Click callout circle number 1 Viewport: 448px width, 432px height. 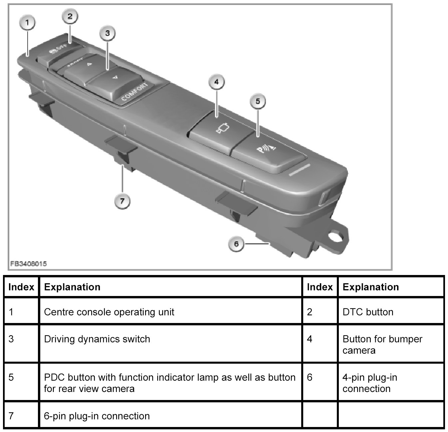pyautogui.click(x=28, y=23)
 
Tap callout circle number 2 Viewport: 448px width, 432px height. pyautogui.click(x=70, y=16)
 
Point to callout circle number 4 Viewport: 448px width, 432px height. pyautogui.click(x=217, y=82)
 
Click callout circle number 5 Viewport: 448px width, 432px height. pyautogui.click(x=258, y=101)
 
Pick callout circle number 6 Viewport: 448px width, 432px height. pyautogui.click(x=236, y=244)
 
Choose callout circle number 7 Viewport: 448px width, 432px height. pyautogui.click(x=122, y=201)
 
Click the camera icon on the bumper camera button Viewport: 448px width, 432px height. pyautogui.click(x=221, y=129)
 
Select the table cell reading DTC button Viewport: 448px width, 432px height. pyautogui.click(x=368, y=312)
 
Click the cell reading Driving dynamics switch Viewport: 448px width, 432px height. pyautogui.click(x=97, y=339)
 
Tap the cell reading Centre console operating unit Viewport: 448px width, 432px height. pyautogui.click(x=109, y=312)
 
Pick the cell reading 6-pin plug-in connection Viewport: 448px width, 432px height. pyautogui.click(x=97, y=416)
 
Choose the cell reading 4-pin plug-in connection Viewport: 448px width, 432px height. pyautogui.click(x=369, y=383)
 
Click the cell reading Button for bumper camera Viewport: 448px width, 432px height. pyautogui.click(x=382, y=345)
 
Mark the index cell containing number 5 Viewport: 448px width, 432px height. pyautogui.click(x=11, y=378)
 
